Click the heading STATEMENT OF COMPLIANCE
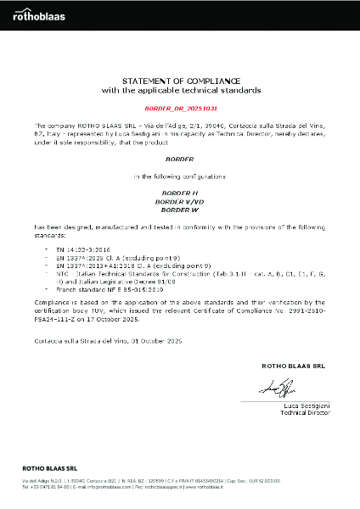pyautogui.click(x=181, y=80)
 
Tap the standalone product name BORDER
pyautogui.click(x=181, y=159)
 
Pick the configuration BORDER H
pyautogui.click(x=181, y=193)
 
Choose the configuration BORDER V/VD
pyautogui.click(x=181, y=201)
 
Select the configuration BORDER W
pyautogui.click(x=181, y=209)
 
